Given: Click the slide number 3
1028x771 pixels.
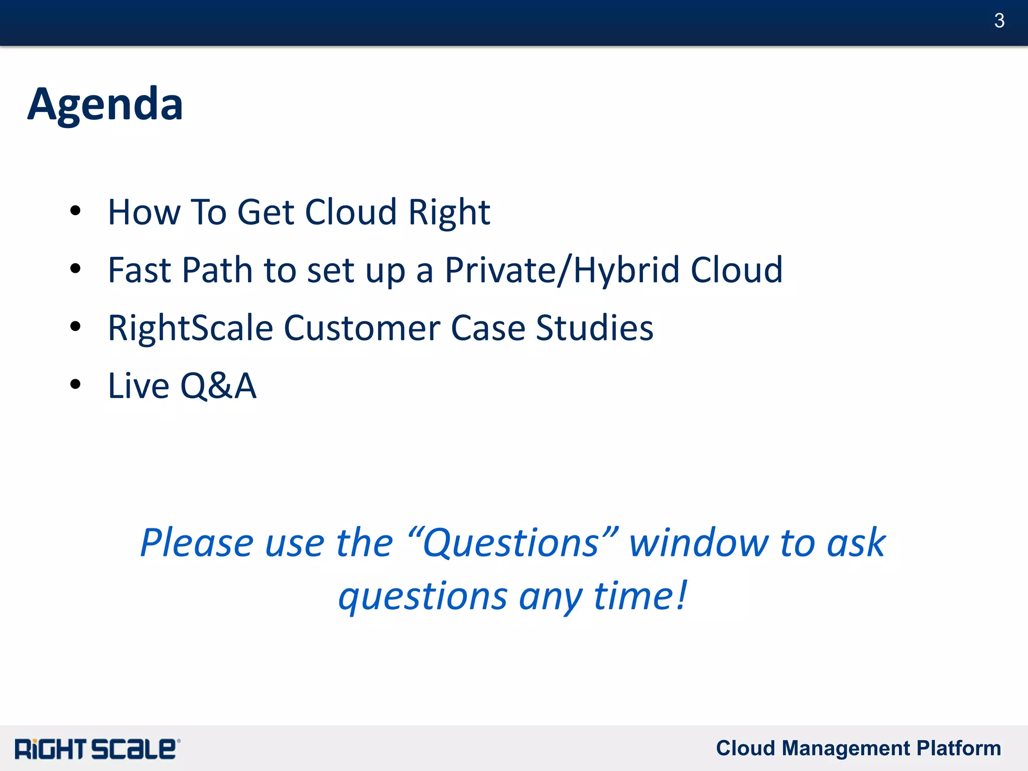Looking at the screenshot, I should pyautogui.click(x=999, y=21).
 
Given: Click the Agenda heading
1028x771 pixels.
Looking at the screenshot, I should pyautogui.click(x=105, y=104).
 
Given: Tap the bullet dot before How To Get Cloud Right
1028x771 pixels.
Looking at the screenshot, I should pyautogui.click(x=75, y=211).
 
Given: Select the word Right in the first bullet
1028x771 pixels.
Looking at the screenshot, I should pyautogui.click(x=449, y=213).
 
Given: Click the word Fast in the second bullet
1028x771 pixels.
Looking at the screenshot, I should pyautogui.click(x=139, y=270).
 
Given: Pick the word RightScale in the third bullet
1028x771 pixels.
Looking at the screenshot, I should pyautogui.click(x=190, y=328).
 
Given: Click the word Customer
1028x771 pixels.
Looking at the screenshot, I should pyautogui.click(x=362, y=328).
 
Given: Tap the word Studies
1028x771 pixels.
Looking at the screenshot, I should pyautogui.click(x=594, y=328).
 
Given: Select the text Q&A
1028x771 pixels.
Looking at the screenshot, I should pyautogui.click(x=218, y=386).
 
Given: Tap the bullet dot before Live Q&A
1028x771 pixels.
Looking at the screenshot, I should pyautogui.click(x=75, y=385).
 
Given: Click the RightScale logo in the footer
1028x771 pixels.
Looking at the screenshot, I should pyautogui.click(x=97, y=749).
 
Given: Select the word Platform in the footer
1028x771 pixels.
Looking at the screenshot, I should pyautogui.click(x=958, y=748).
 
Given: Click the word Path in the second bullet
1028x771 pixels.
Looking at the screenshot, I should pyautogui.click(x=217, y=270).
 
